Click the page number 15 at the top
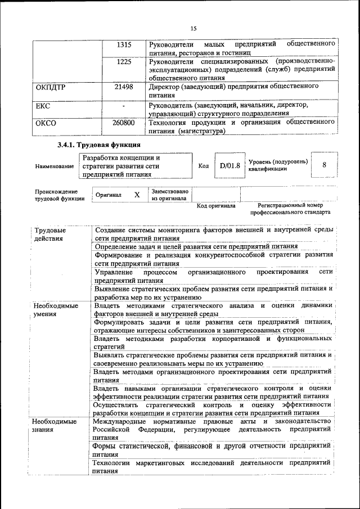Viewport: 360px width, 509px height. tap(193, 29)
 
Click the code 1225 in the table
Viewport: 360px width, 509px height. tap(124, 61)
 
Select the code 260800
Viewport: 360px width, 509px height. tap(123, 122)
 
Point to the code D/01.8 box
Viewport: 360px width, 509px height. tap(230, 166)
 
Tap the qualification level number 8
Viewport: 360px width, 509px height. tap(325, 165)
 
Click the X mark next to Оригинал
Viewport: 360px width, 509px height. tap(137, 195)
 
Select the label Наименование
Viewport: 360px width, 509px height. tap(54, 166)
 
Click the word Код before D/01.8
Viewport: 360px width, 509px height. tap(204, 166)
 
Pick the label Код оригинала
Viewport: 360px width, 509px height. tap(216, 206)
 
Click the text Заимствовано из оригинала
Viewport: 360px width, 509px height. tap(170, 195)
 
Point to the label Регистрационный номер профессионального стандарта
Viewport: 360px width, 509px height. tap(290, 209)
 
